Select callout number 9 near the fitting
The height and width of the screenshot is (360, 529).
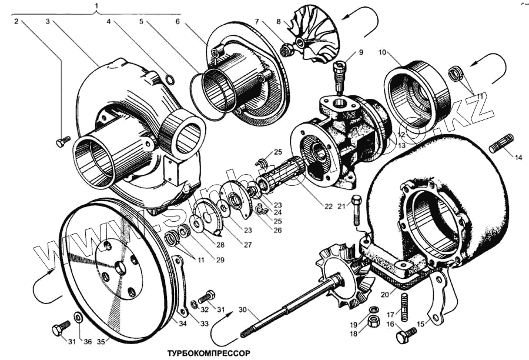tap(361, 52)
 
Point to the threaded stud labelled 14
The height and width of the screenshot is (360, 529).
tap(501, 142)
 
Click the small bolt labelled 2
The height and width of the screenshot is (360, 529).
tap(62, 142)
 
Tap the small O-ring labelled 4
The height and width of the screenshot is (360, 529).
tap(170, 79)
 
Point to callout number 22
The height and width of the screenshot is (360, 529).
tap(328, 206)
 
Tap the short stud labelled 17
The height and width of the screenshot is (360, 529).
tap(405, 305)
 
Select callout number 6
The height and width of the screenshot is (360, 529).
tap(178, 21)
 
